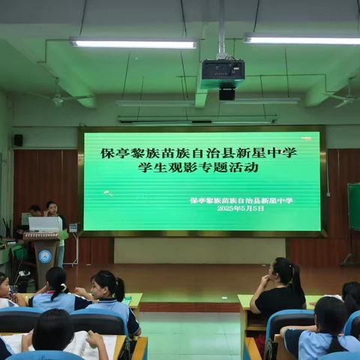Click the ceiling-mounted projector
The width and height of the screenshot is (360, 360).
tap(223, 70)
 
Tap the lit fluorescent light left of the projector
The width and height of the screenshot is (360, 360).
tap(133, 44)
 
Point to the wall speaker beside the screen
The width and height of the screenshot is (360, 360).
tap(18, 139)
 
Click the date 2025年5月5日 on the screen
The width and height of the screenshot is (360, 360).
tap(241, 208)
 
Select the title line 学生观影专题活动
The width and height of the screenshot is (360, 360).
tap(199, 167)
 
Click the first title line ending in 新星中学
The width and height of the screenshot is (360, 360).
tap(199, 152)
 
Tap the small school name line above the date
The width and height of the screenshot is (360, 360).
tap(241, 200)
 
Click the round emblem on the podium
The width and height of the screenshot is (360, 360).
tap(45, 256)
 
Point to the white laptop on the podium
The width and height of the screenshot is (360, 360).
tap(45, 223)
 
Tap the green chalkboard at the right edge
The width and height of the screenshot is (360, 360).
tap(353, 206)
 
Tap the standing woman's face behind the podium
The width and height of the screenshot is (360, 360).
tap(51, 207)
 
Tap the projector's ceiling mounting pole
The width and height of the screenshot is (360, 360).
tap(221, 30)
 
